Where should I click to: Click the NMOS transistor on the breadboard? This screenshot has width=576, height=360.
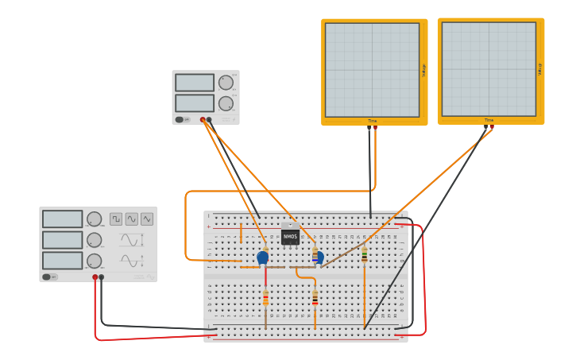click(290, 237)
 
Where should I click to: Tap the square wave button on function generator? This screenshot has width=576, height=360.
click(116, 219)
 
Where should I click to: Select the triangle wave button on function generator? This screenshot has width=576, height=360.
click(147, 219)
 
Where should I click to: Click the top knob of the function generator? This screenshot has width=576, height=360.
click(94, 219)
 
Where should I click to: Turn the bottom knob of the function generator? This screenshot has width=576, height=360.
click(94, 261)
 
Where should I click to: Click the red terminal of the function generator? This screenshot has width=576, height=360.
click(95, 277)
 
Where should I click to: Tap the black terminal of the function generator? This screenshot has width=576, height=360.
click(101, 277)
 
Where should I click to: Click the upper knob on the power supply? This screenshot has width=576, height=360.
click(226, 83)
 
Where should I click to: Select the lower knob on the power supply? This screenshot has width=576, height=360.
click(226, 103)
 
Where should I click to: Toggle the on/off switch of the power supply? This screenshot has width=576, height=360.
click(180, 120)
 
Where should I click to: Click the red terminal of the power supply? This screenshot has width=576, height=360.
click(203, 120)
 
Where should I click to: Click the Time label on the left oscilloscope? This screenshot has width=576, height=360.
click(372, 121)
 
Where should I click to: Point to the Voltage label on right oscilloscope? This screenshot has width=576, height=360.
click(540, 70)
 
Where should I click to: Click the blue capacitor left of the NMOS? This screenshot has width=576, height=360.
click(263, 257)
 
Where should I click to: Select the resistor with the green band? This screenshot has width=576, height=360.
click(365, 254)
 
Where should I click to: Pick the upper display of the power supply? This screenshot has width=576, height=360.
click(195, 83)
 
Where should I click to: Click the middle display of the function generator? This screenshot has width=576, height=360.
click(63, 240)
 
